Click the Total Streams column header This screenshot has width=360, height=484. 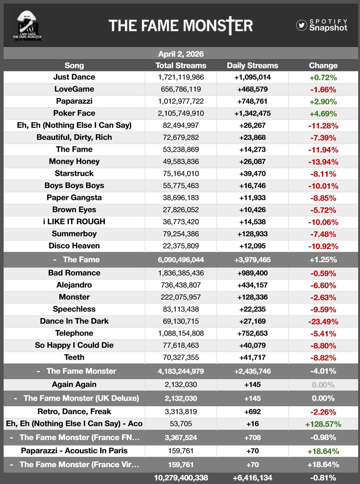[x=181, y=65]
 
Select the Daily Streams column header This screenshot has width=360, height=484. [x=252, y=65]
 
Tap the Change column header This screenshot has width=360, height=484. [x=323, y=65]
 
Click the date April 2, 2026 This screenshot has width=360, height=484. [x=181, y=54]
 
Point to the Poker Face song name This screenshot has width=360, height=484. [x=74, y=113]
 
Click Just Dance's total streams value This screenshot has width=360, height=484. [x=181, y=77]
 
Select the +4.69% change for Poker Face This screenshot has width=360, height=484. [x=323, y=113]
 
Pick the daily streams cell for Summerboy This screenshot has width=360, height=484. [x=252, y=234]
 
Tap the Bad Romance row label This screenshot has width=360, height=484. [x=74, y=273]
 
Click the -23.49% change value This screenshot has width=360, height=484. [x=323, y=321]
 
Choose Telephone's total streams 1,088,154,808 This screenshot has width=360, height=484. [x=181, y=333]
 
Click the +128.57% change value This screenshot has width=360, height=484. [x=323, y=424]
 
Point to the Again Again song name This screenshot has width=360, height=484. [x=74, y=384]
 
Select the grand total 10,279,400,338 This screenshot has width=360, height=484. [x=181, y=478]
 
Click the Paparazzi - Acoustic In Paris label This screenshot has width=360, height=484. [x=74, y=451]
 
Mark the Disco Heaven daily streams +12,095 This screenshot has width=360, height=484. [x=252, y=246]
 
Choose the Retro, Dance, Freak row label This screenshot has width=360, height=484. [x=74, y=411]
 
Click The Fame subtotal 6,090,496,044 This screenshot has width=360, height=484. [x=181, y=260]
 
